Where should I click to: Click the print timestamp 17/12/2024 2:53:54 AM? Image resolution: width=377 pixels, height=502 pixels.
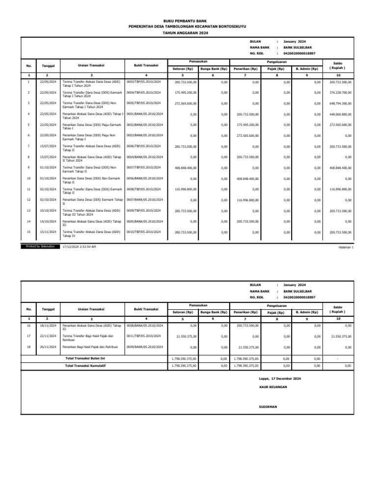[80, 247]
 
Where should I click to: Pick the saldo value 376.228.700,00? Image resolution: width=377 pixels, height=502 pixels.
[340, 93]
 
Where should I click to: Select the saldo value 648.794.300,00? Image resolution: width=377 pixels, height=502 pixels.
[340, 103]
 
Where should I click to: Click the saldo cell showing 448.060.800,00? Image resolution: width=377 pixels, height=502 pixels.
[340, 114]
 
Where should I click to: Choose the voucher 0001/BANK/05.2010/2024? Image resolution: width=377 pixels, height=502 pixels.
[145, 114]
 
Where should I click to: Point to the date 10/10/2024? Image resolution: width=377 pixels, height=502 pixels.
[48, 210]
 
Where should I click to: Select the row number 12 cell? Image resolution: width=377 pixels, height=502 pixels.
[28, 200]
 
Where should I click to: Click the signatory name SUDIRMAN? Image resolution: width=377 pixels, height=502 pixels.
[268, 407]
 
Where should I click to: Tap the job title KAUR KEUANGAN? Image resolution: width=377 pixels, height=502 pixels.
[272, 387]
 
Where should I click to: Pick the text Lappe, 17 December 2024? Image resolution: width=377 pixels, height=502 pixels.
[280, 379]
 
